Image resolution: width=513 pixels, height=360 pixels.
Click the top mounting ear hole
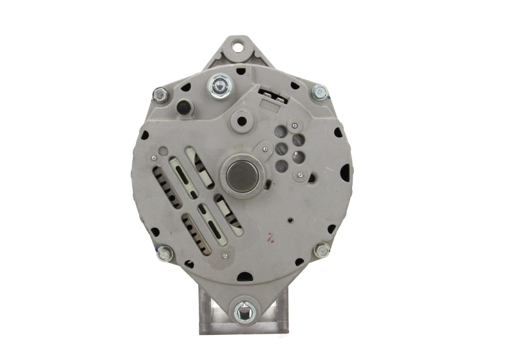click(239, 47)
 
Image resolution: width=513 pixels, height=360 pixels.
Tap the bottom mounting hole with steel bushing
click(243, 312)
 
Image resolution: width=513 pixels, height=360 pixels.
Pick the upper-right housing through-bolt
click(319, 94)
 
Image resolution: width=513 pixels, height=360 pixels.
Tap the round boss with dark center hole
click(260, 118)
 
